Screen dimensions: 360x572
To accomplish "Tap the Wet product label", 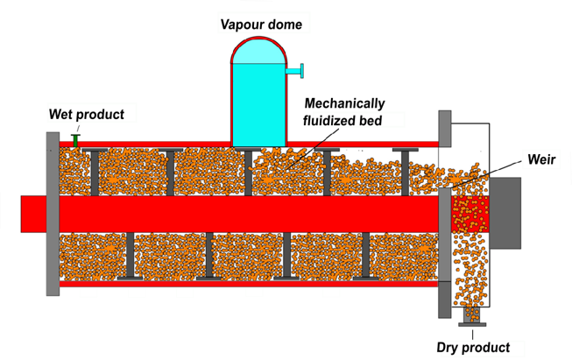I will [87, 115].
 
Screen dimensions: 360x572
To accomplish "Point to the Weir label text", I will [541, 161].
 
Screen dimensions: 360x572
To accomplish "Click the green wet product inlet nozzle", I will [76, 138].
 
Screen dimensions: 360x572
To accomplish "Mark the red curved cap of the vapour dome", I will [258, 48].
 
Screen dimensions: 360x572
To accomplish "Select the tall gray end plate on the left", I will [52, 212].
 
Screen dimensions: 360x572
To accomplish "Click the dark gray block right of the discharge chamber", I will [505, 213].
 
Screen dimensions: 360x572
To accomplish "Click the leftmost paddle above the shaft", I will [95, 172].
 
